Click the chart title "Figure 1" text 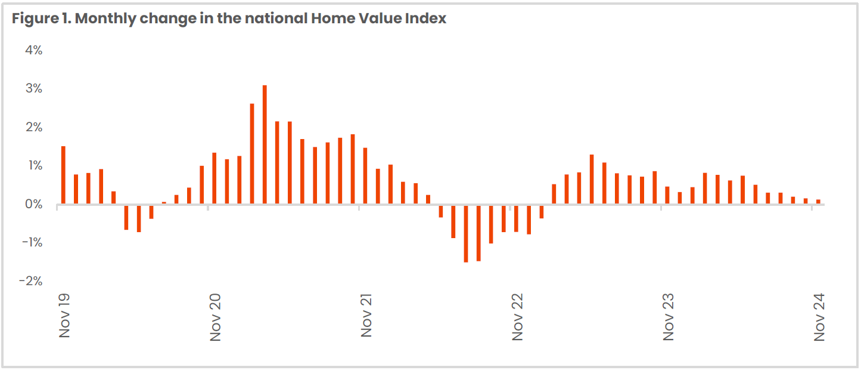click(x=39, y=18)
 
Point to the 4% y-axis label click(x=33, y=50)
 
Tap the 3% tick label click(x=33, y=89)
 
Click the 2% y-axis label click(x=33, y=127)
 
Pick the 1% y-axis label click(x=33, y=165)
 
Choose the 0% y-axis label click(x=33, y=204)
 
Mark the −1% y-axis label click(x=32, y=242)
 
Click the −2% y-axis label click(x=32, y=280)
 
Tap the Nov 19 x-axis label click(x=64, y=316)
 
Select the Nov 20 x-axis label click(x=215, y=317)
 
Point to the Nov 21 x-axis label click(x=366, y=317)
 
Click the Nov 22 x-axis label click(x=517, y=317)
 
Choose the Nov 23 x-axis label click(x=668, y=317)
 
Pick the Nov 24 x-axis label click(x=819, y=317)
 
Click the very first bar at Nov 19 click(x=63, y=175)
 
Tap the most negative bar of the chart click(x=466, y=233)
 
